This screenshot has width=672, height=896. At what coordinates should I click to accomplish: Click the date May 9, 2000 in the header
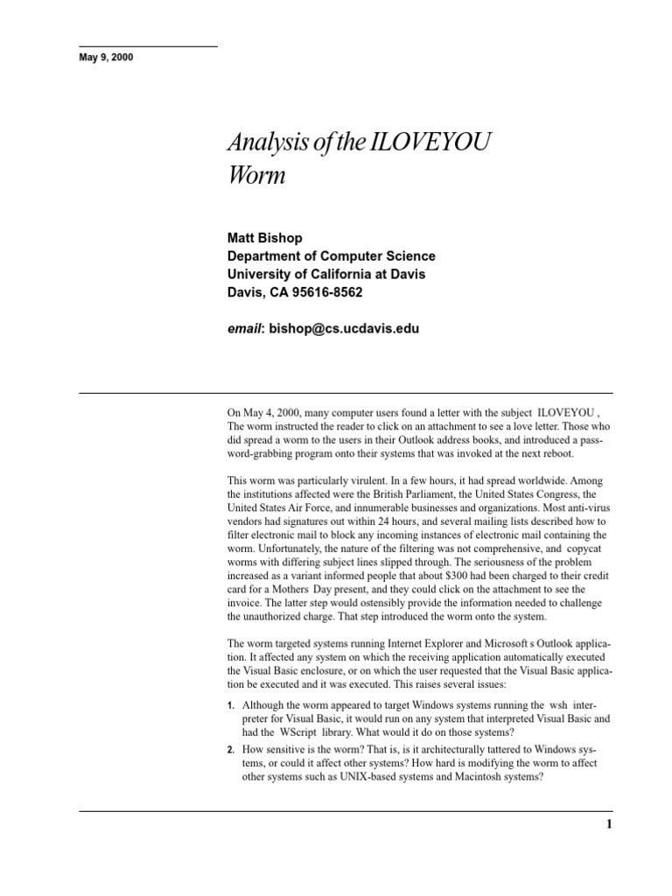(106, 58)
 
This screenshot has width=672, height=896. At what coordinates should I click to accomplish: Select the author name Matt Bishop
(265, 238)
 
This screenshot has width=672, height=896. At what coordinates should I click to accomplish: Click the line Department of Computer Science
(331, 256)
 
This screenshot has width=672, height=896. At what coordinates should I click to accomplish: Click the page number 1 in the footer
(609, 824)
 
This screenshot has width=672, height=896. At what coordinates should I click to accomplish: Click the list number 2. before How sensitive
(231, 751)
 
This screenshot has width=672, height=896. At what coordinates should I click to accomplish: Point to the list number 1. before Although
(231, 705)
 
